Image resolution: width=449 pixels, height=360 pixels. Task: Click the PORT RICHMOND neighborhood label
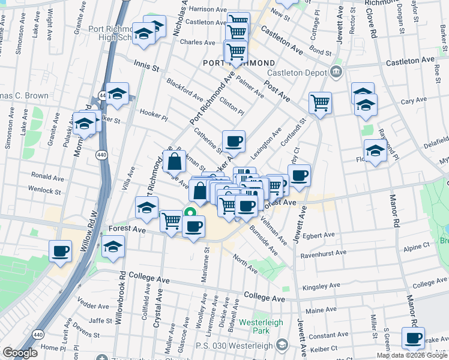coord(240,63)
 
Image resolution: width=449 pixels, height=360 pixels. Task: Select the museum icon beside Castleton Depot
coord(336,73)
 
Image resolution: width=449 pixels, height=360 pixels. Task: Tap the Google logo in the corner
coord(19,353)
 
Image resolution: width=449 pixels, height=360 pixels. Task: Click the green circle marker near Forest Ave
coord(190,211)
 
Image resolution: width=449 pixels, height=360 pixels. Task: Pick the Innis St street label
coord(146,66)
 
